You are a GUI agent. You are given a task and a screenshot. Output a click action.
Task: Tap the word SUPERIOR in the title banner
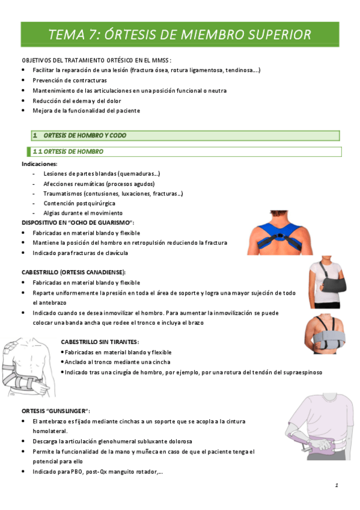tap(277, 35)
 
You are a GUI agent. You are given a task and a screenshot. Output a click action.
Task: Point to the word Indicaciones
tap(40, 164)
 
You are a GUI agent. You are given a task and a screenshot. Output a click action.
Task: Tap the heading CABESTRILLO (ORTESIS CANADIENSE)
tap(74, 272)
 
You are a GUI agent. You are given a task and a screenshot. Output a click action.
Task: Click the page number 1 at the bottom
tap(337, 485)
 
